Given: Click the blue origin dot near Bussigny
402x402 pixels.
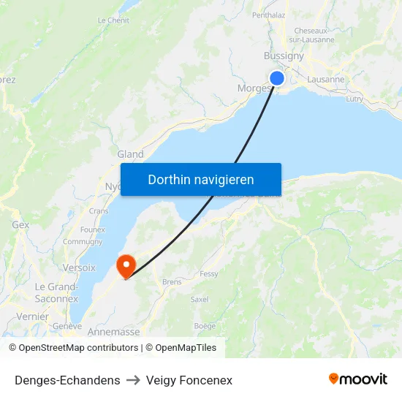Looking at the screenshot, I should point(277,78).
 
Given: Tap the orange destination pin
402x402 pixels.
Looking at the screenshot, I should point(126,265).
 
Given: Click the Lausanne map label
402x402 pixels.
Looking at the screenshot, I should point(325,80).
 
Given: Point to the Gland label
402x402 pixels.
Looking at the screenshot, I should point(131,154).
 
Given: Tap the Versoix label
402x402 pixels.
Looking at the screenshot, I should point(79,268).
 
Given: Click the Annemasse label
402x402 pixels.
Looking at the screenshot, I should point(113,332).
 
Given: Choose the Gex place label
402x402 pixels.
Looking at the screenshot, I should point(20,225).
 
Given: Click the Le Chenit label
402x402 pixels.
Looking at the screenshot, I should point(113,20).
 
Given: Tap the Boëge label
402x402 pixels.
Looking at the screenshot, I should point(205,326).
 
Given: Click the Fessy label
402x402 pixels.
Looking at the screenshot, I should point(209,274).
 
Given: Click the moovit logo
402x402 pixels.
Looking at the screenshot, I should point(358,379).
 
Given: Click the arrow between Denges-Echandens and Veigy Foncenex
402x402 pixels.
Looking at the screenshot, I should point(133,381).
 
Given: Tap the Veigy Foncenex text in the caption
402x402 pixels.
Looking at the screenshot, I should point(189,380).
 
